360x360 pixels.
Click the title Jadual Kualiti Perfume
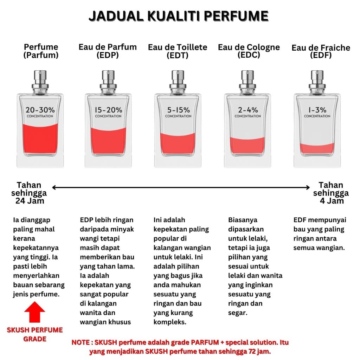click(178, 16)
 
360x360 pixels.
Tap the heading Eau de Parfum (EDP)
click(108, 51)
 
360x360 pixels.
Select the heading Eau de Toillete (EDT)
click(178, 51)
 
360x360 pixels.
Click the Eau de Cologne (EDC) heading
click(249, 51)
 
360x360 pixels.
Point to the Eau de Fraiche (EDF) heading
click(321, 51)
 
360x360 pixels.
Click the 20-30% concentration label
click(40, 112)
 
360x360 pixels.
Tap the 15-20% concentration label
click(108, 112)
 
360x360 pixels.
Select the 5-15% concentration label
click(178, 112)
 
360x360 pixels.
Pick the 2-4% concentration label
click(248, 112)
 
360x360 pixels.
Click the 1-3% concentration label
click(317, 112)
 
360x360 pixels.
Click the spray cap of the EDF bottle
click(317, 82)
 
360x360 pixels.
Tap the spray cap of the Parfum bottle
click(40, 82)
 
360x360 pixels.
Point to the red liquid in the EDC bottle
click(247, 146)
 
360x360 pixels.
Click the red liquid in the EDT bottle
click(178, 143)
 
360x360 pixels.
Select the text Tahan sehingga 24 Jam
click(29, 193)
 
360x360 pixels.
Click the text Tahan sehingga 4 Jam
click(331, 193)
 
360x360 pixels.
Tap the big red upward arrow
click(34, 312)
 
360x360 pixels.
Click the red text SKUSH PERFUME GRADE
click(35, 334)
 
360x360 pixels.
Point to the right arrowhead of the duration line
click(308, 188)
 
